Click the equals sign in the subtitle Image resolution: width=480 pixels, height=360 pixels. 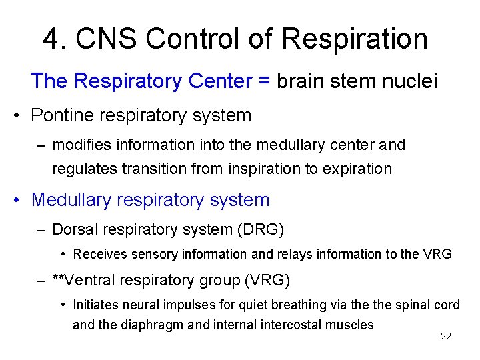point(264,81)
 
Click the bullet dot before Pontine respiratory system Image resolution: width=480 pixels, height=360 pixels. point(19,116)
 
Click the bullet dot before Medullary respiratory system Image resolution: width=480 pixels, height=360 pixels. point(19,201)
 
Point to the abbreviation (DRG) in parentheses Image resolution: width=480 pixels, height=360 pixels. point(261,230)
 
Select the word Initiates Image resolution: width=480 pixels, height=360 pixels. point(95,305)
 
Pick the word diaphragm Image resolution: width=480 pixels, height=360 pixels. point(160,325)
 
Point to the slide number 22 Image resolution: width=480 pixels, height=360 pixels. point(446,337)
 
